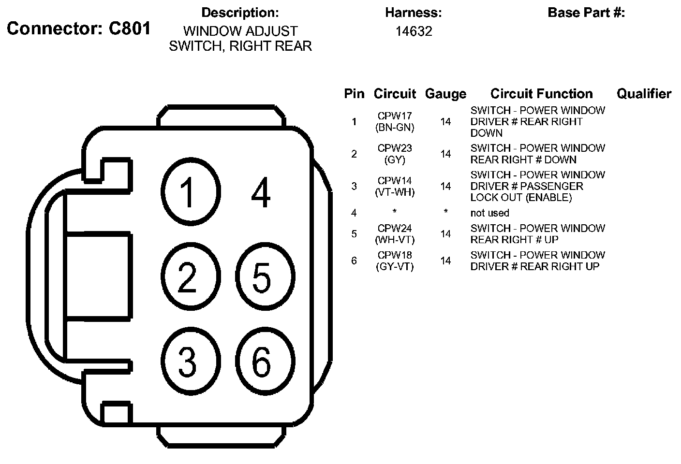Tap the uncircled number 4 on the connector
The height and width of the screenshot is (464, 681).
click(x=261, y=193)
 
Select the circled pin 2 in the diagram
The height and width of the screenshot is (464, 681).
click(x=188, y=277)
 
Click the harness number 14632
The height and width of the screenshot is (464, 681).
click(x=414, y=31)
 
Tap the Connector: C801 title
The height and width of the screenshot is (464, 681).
click(x=78, y=29)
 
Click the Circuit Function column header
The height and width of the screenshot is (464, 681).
click(x=541, y=94)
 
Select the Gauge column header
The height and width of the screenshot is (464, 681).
click(x=445, y=94)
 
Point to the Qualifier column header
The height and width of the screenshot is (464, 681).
click(x=644, y=94)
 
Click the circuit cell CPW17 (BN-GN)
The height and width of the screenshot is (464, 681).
click(x=395, y=122)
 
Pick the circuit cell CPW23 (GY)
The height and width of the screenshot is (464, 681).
click(x=395, y=154)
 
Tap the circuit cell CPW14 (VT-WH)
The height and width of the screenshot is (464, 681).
click(x=395, y=186)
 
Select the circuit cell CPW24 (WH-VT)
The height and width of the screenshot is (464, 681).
click(x=395, y=234)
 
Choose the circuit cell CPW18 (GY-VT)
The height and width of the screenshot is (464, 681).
click(x=395, y=261)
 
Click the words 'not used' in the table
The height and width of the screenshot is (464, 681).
click(x=489, y=213)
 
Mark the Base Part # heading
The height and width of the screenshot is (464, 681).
click(x=586, y=13)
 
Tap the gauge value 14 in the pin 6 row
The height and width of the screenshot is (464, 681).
click(x=445, y=261)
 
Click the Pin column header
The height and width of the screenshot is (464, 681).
click(x=354, y=94)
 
